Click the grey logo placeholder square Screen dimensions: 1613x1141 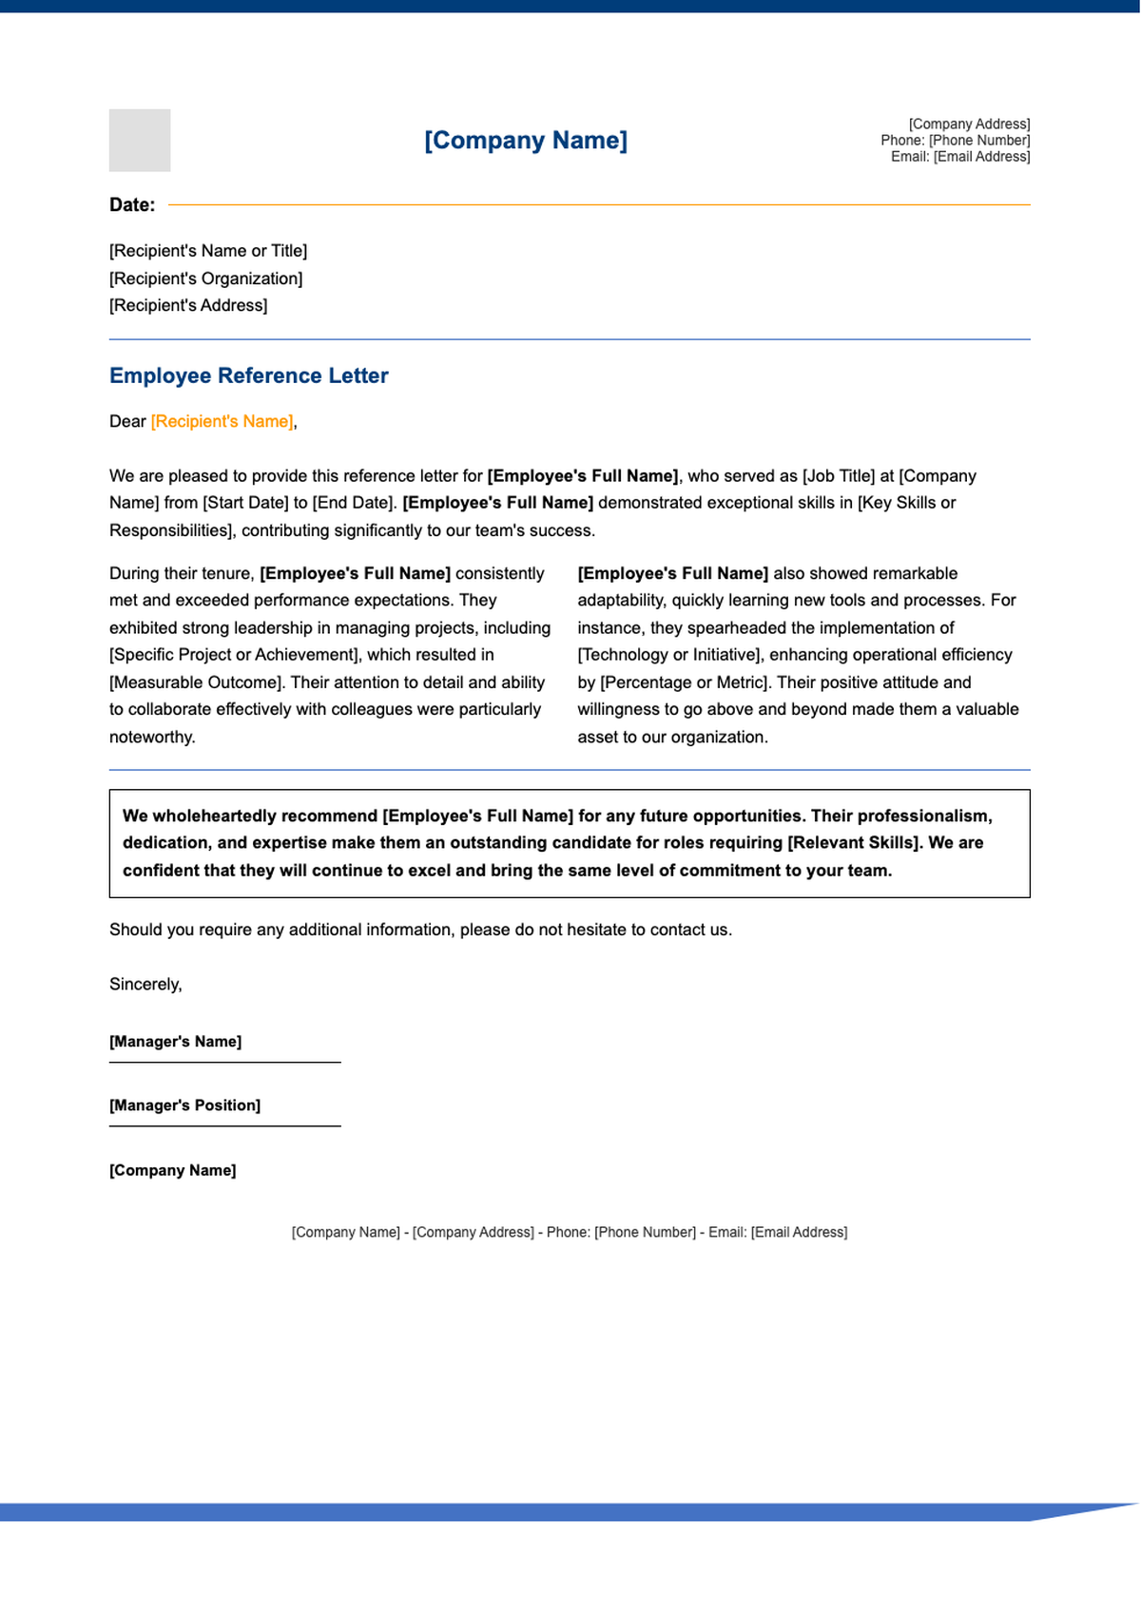[x=140, y=140]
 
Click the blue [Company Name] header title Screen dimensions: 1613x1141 [x=525, y=141]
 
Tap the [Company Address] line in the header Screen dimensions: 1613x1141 [x=969, y=124]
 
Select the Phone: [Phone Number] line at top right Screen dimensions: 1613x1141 [x=955, y=140]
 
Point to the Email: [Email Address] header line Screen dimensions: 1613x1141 [x=959, y=156]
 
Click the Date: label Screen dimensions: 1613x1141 [x=132, y=205]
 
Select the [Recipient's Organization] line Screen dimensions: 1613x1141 [x=205, y=278]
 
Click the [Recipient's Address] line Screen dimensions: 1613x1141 [x=188, y=305]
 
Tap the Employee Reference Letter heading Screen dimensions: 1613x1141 [x=248, y=375]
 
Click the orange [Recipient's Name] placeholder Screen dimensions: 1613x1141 [x=222, y=421]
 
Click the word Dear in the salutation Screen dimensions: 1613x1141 [x=127, y=421]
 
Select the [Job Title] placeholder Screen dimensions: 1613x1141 [x=839, y=475]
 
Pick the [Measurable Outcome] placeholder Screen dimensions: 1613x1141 [x=196, y=682]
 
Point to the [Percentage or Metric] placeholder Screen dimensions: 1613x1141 [x=683, y=682]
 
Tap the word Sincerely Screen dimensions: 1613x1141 [x=145, y=985]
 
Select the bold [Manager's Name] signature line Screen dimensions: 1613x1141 [x=175, y=1042]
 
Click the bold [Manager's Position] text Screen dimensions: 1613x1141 [x=184, y=1105]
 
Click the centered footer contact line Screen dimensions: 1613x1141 [x=569, y=1233]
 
